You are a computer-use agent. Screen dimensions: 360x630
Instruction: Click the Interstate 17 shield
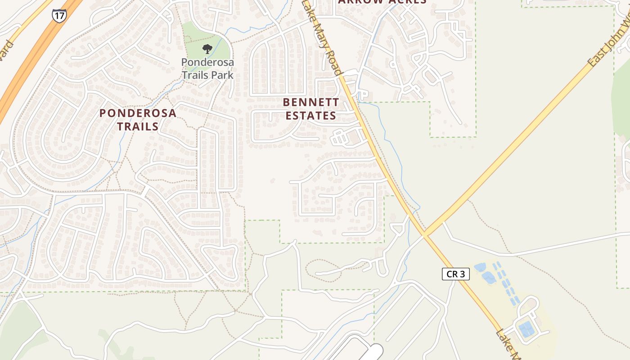[x=59, y=15]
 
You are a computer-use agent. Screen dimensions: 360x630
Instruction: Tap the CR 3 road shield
[x=455, y=274]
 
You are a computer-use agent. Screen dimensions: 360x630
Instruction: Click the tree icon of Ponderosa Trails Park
[x=207, y=49]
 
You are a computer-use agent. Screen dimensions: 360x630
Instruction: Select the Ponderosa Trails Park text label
[x=207, y=68]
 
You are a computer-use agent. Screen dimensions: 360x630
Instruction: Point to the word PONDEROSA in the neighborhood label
[x=138, y=113]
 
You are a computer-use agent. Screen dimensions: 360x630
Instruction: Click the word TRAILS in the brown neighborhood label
[x=138, y=126]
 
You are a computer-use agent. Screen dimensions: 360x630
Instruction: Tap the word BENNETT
[x=311, y=102]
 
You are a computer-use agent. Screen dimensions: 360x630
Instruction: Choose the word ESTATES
[x=311, y=116]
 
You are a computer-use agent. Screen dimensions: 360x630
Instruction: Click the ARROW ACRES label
[x=382, y=2]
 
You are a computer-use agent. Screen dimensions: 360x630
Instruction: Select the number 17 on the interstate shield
[x=59, y=16]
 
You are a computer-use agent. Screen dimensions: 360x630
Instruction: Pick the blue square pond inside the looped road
[x=526, y=329]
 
